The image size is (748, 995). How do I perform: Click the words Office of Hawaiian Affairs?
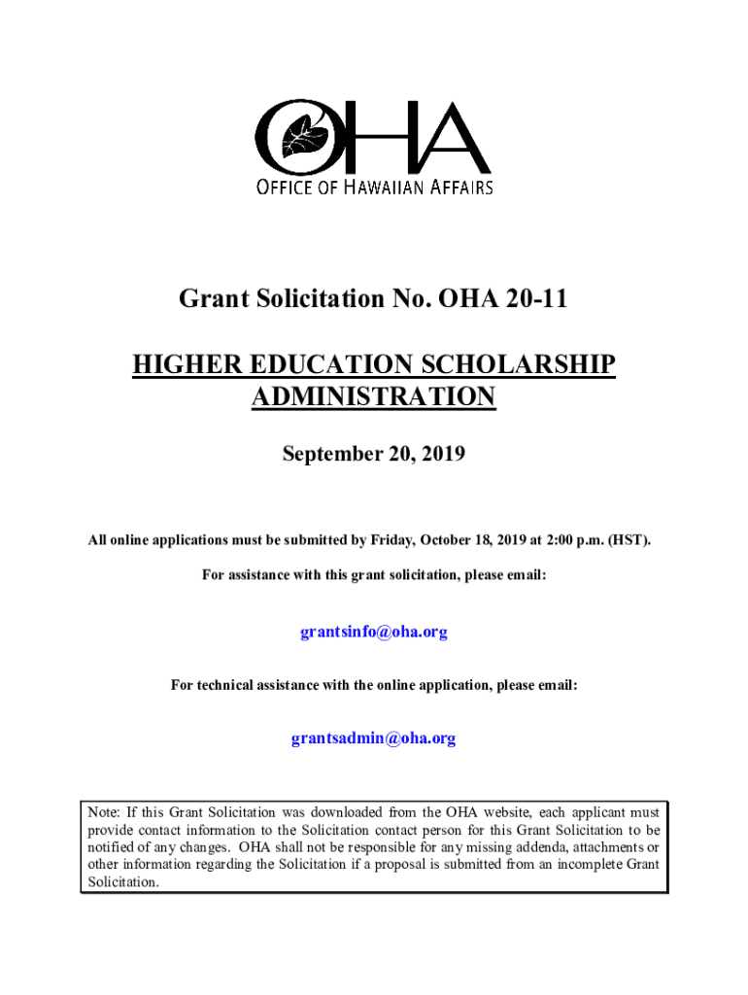click(x=374, y=187)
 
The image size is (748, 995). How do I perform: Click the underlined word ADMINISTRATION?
click(x=374, y=397)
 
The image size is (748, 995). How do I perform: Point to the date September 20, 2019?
click(x=374, y=453)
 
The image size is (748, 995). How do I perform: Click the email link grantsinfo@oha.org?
click(x=374, y=633)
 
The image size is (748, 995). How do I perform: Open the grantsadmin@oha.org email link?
click(x=374, y=738)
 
